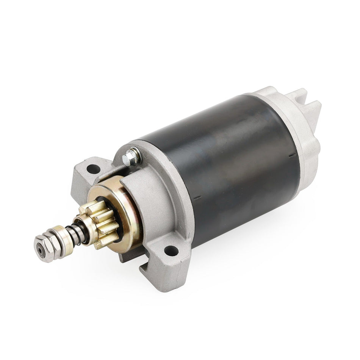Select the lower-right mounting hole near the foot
tap(171, 250)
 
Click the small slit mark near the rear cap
tap(292, 155)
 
